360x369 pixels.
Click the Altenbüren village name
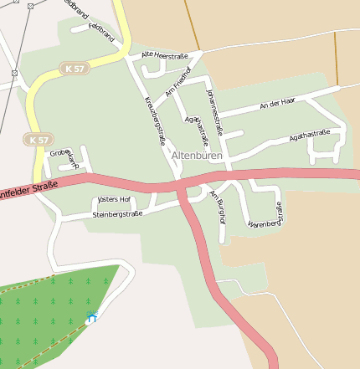[198, 156]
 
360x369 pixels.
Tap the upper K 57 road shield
[74, 67]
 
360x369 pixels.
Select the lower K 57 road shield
[38, 140]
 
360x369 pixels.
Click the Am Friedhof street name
[179, 79]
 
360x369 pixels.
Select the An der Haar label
[277, 103]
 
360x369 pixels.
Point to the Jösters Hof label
[114, 200]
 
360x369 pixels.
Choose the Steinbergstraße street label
[117, 214]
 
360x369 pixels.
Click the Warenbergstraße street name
[265, 216]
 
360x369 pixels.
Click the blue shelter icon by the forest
[91, 316]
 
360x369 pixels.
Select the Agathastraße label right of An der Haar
[309, 134]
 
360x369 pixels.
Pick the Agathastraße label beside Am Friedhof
[198, 130]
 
